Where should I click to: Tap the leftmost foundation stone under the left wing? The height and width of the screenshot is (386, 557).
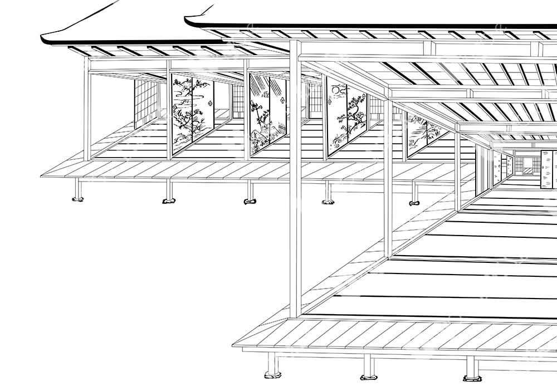coord(78,198)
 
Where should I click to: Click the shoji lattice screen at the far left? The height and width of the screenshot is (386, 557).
coord(146,103)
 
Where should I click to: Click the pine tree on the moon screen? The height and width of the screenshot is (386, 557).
coord(354,117)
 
